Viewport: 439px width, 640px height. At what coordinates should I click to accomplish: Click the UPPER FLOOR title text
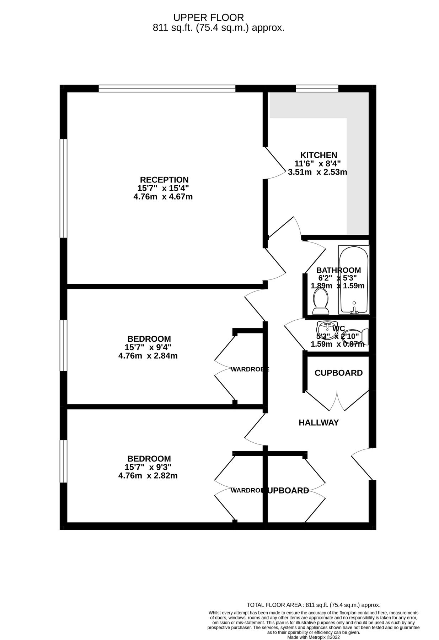208,17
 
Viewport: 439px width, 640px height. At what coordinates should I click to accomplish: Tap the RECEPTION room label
164,180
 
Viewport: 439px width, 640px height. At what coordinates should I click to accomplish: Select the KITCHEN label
318,155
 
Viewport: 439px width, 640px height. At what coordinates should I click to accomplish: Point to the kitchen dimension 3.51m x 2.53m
317,172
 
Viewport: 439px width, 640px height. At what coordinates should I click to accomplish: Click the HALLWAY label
318,422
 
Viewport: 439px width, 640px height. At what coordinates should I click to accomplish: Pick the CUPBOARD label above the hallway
338,373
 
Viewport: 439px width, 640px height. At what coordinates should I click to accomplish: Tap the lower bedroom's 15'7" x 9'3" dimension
148,467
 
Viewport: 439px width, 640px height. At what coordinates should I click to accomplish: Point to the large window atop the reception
167,88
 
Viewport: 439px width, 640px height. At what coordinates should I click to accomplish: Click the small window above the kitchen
317,88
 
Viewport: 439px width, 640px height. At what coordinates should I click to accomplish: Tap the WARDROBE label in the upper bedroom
250,369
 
